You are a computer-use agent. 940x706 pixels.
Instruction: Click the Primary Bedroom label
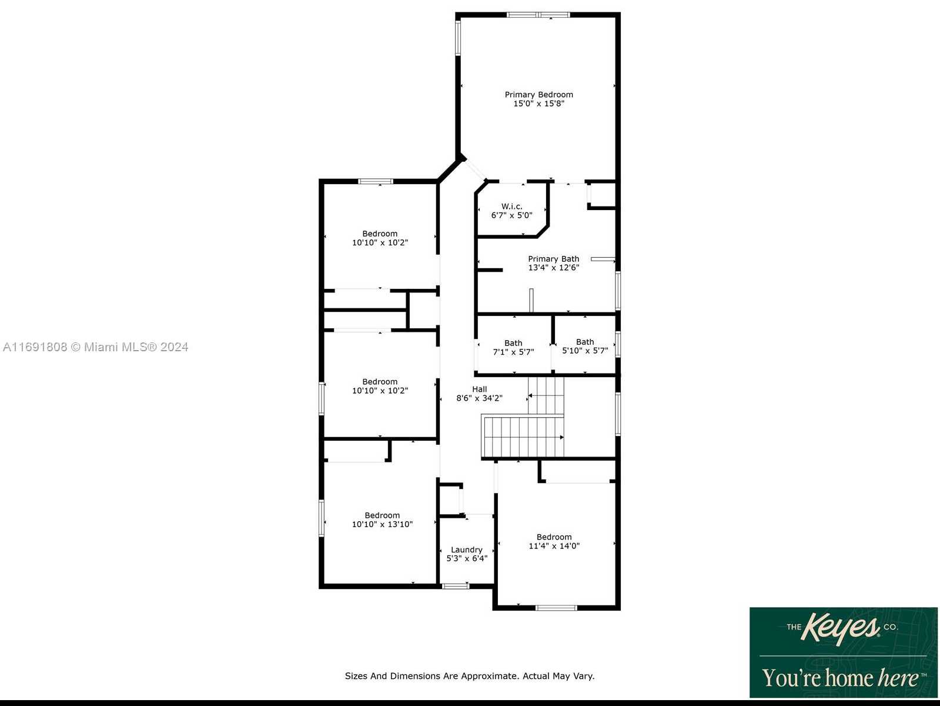coord(538,95)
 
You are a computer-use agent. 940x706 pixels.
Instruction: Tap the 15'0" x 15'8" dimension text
coord(538,104)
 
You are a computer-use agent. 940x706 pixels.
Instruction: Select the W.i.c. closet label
coord(512,207)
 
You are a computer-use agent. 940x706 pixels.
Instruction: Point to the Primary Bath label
coord(553,259)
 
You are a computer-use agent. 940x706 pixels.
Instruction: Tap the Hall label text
coord(479,389)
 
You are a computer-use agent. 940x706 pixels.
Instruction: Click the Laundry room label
coord(466,550)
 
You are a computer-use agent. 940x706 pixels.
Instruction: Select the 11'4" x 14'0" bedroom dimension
coord(554,546)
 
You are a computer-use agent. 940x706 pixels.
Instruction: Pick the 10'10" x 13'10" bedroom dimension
coord(382,524)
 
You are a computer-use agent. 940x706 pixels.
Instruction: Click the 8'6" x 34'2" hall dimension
coord(479,398)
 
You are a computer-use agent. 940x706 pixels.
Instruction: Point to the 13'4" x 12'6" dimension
coord(553,268)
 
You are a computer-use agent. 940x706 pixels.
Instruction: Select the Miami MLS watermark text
coord(95,347)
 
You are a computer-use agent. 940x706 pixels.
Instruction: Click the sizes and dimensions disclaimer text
coord(470,676)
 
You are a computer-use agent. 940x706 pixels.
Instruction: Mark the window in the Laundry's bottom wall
coord(455,586)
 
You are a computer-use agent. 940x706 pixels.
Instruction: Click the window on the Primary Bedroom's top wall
coord(538,15)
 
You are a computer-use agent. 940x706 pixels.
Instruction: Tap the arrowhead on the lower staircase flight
coord(561,437)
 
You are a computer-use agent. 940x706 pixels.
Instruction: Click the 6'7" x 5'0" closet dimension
coord(512,215)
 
